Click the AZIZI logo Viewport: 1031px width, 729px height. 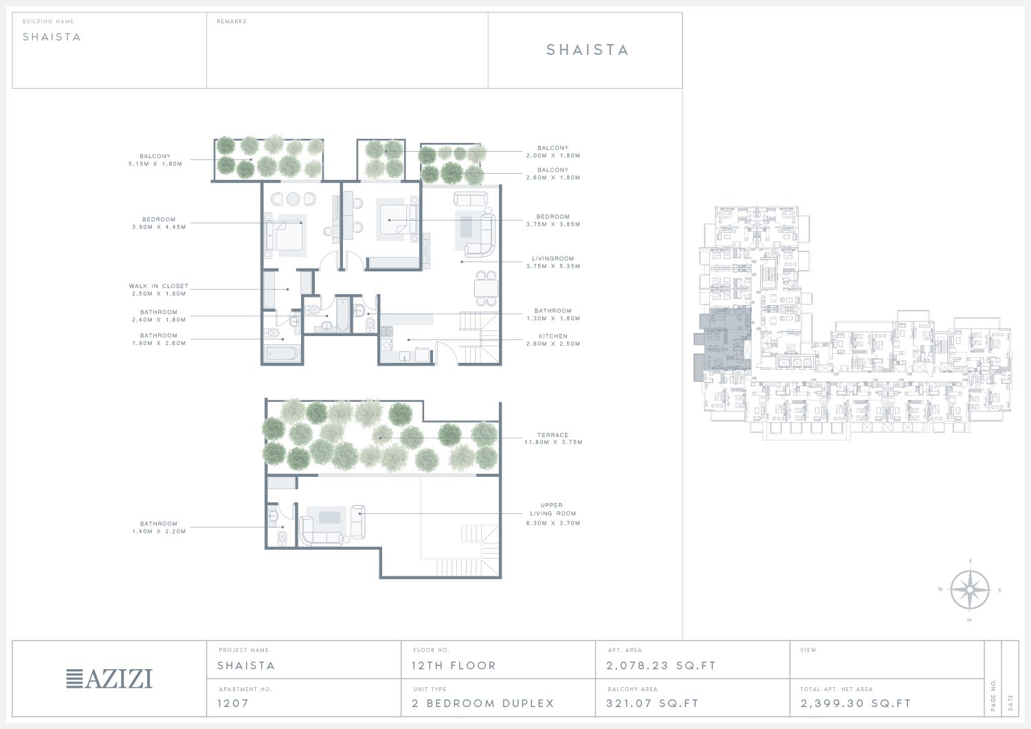(x=109, y=678)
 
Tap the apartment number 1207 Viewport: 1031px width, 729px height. (x=233, y=703)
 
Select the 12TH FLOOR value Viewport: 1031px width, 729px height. (x=454, y=666)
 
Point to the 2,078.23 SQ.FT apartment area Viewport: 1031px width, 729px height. (x=661, y=666)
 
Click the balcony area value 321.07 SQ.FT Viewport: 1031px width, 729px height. (x=653, y=703)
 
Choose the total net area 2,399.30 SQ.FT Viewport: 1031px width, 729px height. (x=856, y=703)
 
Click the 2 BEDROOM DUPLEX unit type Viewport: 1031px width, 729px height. (x=483, y=703)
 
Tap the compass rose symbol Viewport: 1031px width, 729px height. (x=970, y=590)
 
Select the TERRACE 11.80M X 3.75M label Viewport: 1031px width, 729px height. (x=553, y=438)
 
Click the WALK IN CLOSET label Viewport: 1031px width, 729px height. (x=159, y=286)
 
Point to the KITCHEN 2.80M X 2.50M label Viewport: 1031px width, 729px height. (x=553, y=339)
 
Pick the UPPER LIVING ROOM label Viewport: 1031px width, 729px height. (x=553, y=509)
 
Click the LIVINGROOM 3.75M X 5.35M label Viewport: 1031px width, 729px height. (x=553, y=262)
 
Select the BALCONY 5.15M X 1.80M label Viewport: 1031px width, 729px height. (x=155, y=159)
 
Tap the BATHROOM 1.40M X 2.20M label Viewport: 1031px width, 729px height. (x=159, y=528)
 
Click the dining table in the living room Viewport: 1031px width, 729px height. (x=486, y=289)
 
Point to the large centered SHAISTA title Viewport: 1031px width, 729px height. (x=587, y=49)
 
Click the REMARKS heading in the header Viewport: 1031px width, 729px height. (x=232, y=21)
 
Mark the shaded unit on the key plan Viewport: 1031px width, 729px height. (x=722, y=341)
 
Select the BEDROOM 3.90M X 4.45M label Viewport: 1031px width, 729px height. (x=159, y=223)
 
